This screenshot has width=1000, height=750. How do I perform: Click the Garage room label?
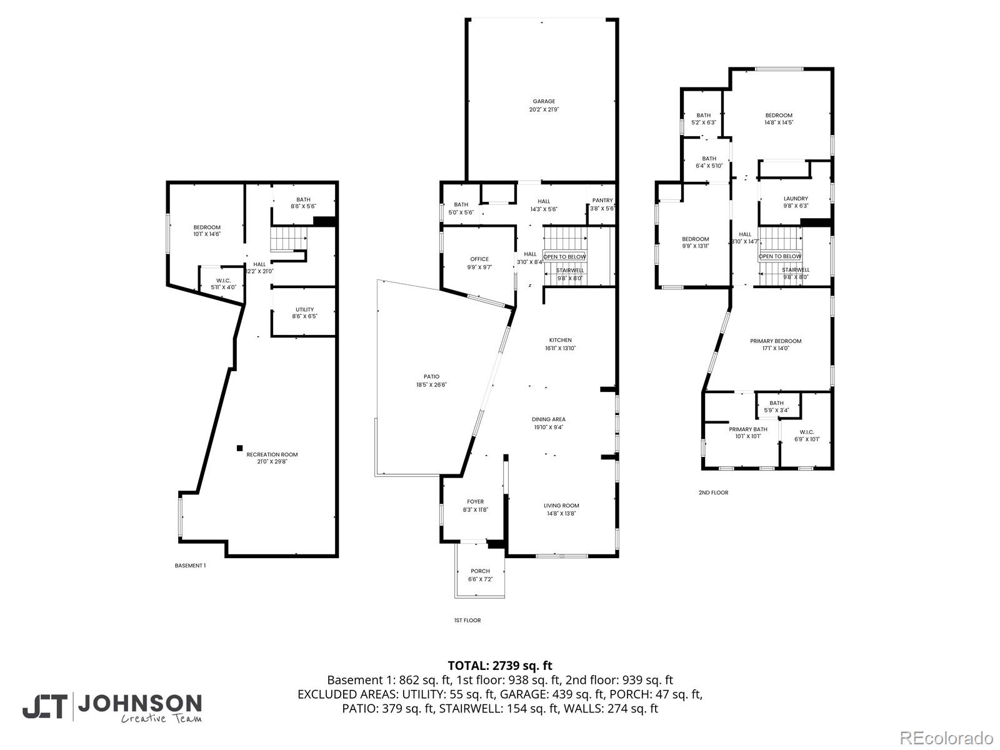pos(544,101)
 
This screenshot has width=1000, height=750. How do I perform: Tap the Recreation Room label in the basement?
pos(272,454)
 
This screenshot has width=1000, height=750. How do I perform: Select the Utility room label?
pos(304,309)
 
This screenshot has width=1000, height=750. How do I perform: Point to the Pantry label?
pos(602,201)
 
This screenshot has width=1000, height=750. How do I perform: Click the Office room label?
pos(479,259)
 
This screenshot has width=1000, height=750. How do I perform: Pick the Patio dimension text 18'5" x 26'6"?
pos(431,385)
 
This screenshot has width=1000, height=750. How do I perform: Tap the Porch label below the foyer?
pos(480,571)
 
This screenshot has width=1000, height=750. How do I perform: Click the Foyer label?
pos(475,501)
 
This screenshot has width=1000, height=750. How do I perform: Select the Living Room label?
pos(561,505)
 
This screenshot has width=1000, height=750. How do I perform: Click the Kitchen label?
pos(560,340)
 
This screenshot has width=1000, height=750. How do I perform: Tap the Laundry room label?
pos(796,199)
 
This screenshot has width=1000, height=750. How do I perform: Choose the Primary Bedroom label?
pos(776,341)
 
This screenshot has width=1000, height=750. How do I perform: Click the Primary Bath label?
pos(747,429)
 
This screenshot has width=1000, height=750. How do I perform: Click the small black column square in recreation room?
pos(239,447)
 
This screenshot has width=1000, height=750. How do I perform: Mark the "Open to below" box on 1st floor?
pos(564,257)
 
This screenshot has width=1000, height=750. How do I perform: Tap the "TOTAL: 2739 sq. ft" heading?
pos(500,666)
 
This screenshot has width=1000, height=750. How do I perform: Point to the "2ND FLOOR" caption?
pos(713,492)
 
